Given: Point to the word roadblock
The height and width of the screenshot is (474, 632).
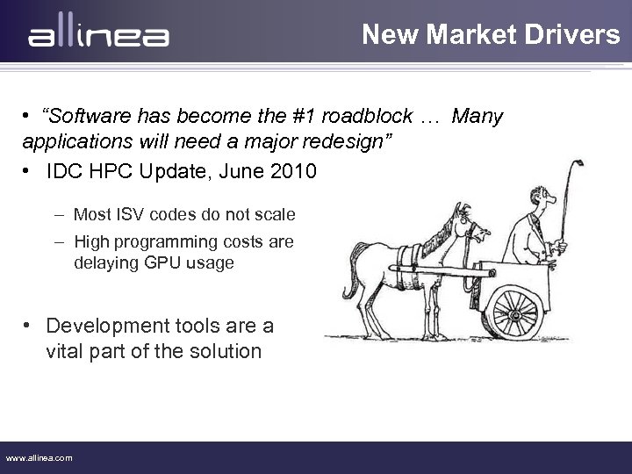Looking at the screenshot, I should (362, 118).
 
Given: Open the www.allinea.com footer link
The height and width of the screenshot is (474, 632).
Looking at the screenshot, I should (39, 457).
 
